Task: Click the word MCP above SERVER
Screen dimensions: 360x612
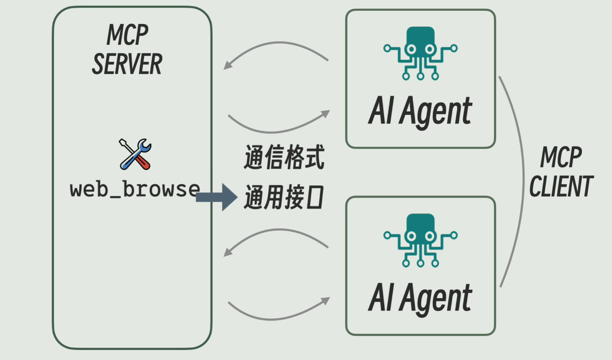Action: tap(127, 35)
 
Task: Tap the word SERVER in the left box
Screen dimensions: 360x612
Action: tap(127, 64)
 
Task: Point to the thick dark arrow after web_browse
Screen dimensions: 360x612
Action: tap(217, 197)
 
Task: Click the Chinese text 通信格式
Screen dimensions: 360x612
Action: tap(284, 157)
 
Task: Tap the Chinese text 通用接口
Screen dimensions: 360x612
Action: tap(284, 198)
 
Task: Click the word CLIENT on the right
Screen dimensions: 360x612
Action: tap(561, 186)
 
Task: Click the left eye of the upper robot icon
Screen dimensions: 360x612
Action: tap(411, 49)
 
